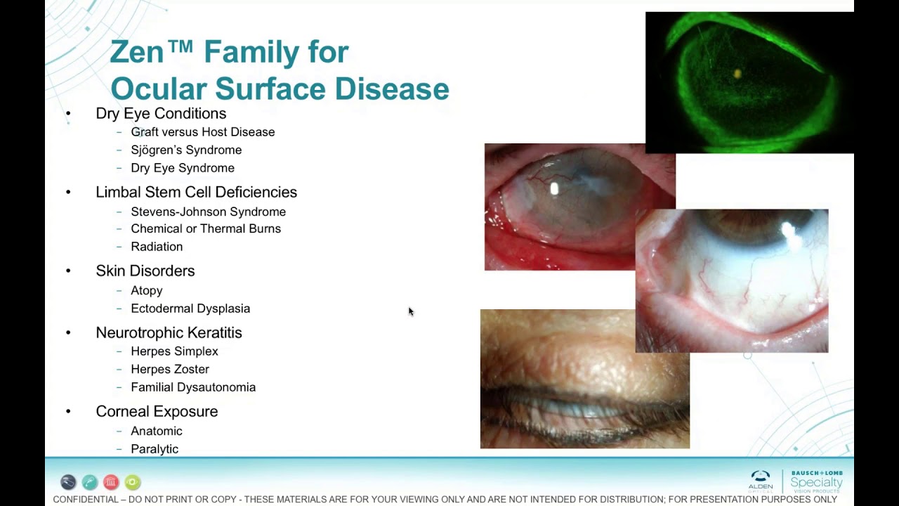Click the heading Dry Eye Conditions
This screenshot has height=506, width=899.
[161, 113]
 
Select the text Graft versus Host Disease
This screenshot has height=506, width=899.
[202, 132]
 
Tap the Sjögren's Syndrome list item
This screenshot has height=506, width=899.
[186, 150]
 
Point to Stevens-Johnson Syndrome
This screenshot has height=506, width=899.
[208, 212]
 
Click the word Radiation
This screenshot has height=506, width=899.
[157, 247]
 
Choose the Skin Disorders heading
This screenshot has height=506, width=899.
[145, 271]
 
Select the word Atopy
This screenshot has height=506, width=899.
[146, 290]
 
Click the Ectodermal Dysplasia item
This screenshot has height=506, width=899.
[190, 309]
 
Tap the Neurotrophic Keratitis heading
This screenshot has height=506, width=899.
[169, 332]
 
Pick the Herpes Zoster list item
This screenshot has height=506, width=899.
[170, 369]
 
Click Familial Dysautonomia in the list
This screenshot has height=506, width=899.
[193, 387]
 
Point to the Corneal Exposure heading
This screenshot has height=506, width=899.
[157, 411]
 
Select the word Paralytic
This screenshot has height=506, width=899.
[155, 449]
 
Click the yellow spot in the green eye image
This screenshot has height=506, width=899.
[737, 73]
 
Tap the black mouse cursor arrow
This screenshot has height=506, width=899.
[411, 311]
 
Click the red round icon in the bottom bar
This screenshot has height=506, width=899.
[111, 482]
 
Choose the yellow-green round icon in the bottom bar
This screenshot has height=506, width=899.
[133, 482]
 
